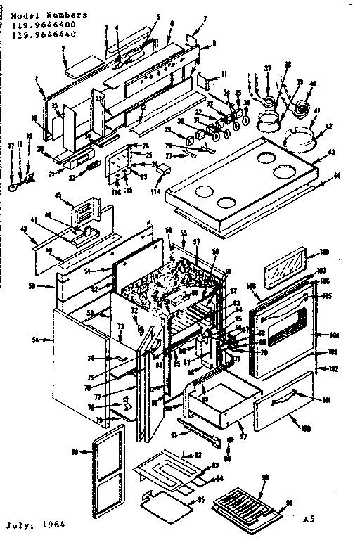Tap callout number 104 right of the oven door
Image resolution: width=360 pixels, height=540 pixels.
[335, 335]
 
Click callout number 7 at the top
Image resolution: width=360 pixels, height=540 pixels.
[205, 18]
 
